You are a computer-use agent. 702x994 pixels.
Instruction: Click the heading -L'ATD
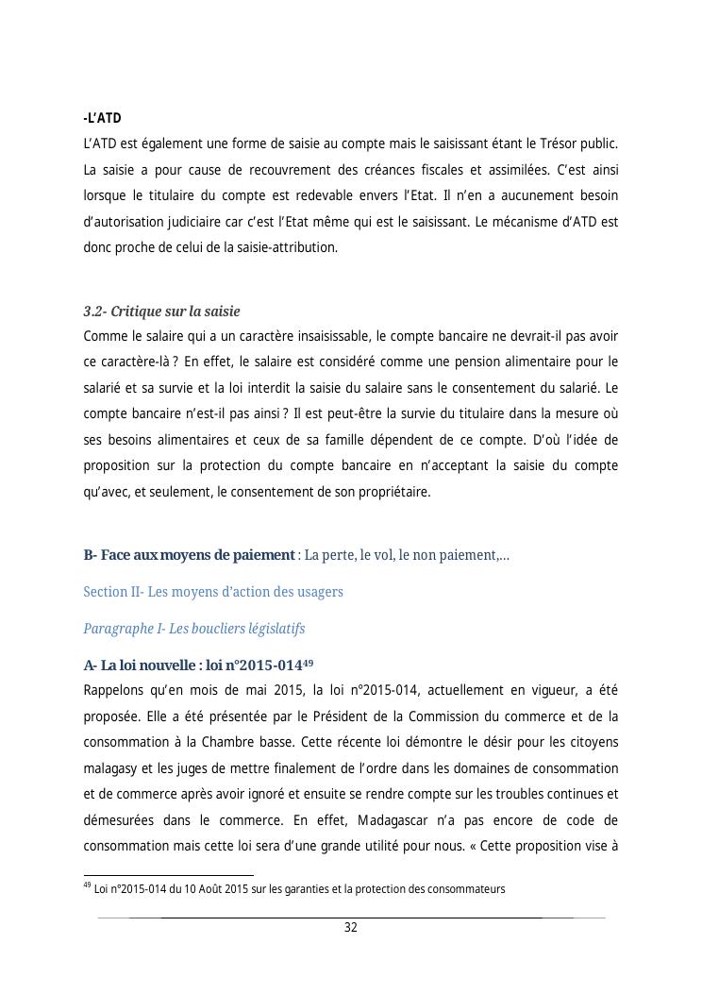(x=103, y=118)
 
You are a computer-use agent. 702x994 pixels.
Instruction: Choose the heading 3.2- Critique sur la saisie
(x=161, y=312)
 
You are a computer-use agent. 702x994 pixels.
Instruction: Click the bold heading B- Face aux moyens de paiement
(x=189, y=555)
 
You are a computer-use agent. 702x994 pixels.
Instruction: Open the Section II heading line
(x=213, y=592)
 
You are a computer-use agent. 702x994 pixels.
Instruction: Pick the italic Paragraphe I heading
(x=193, y=629)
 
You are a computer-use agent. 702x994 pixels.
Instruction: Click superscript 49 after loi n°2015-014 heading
(x=308, y=662)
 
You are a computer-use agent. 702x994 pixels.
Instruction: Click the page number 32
(x=350, y=928)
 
